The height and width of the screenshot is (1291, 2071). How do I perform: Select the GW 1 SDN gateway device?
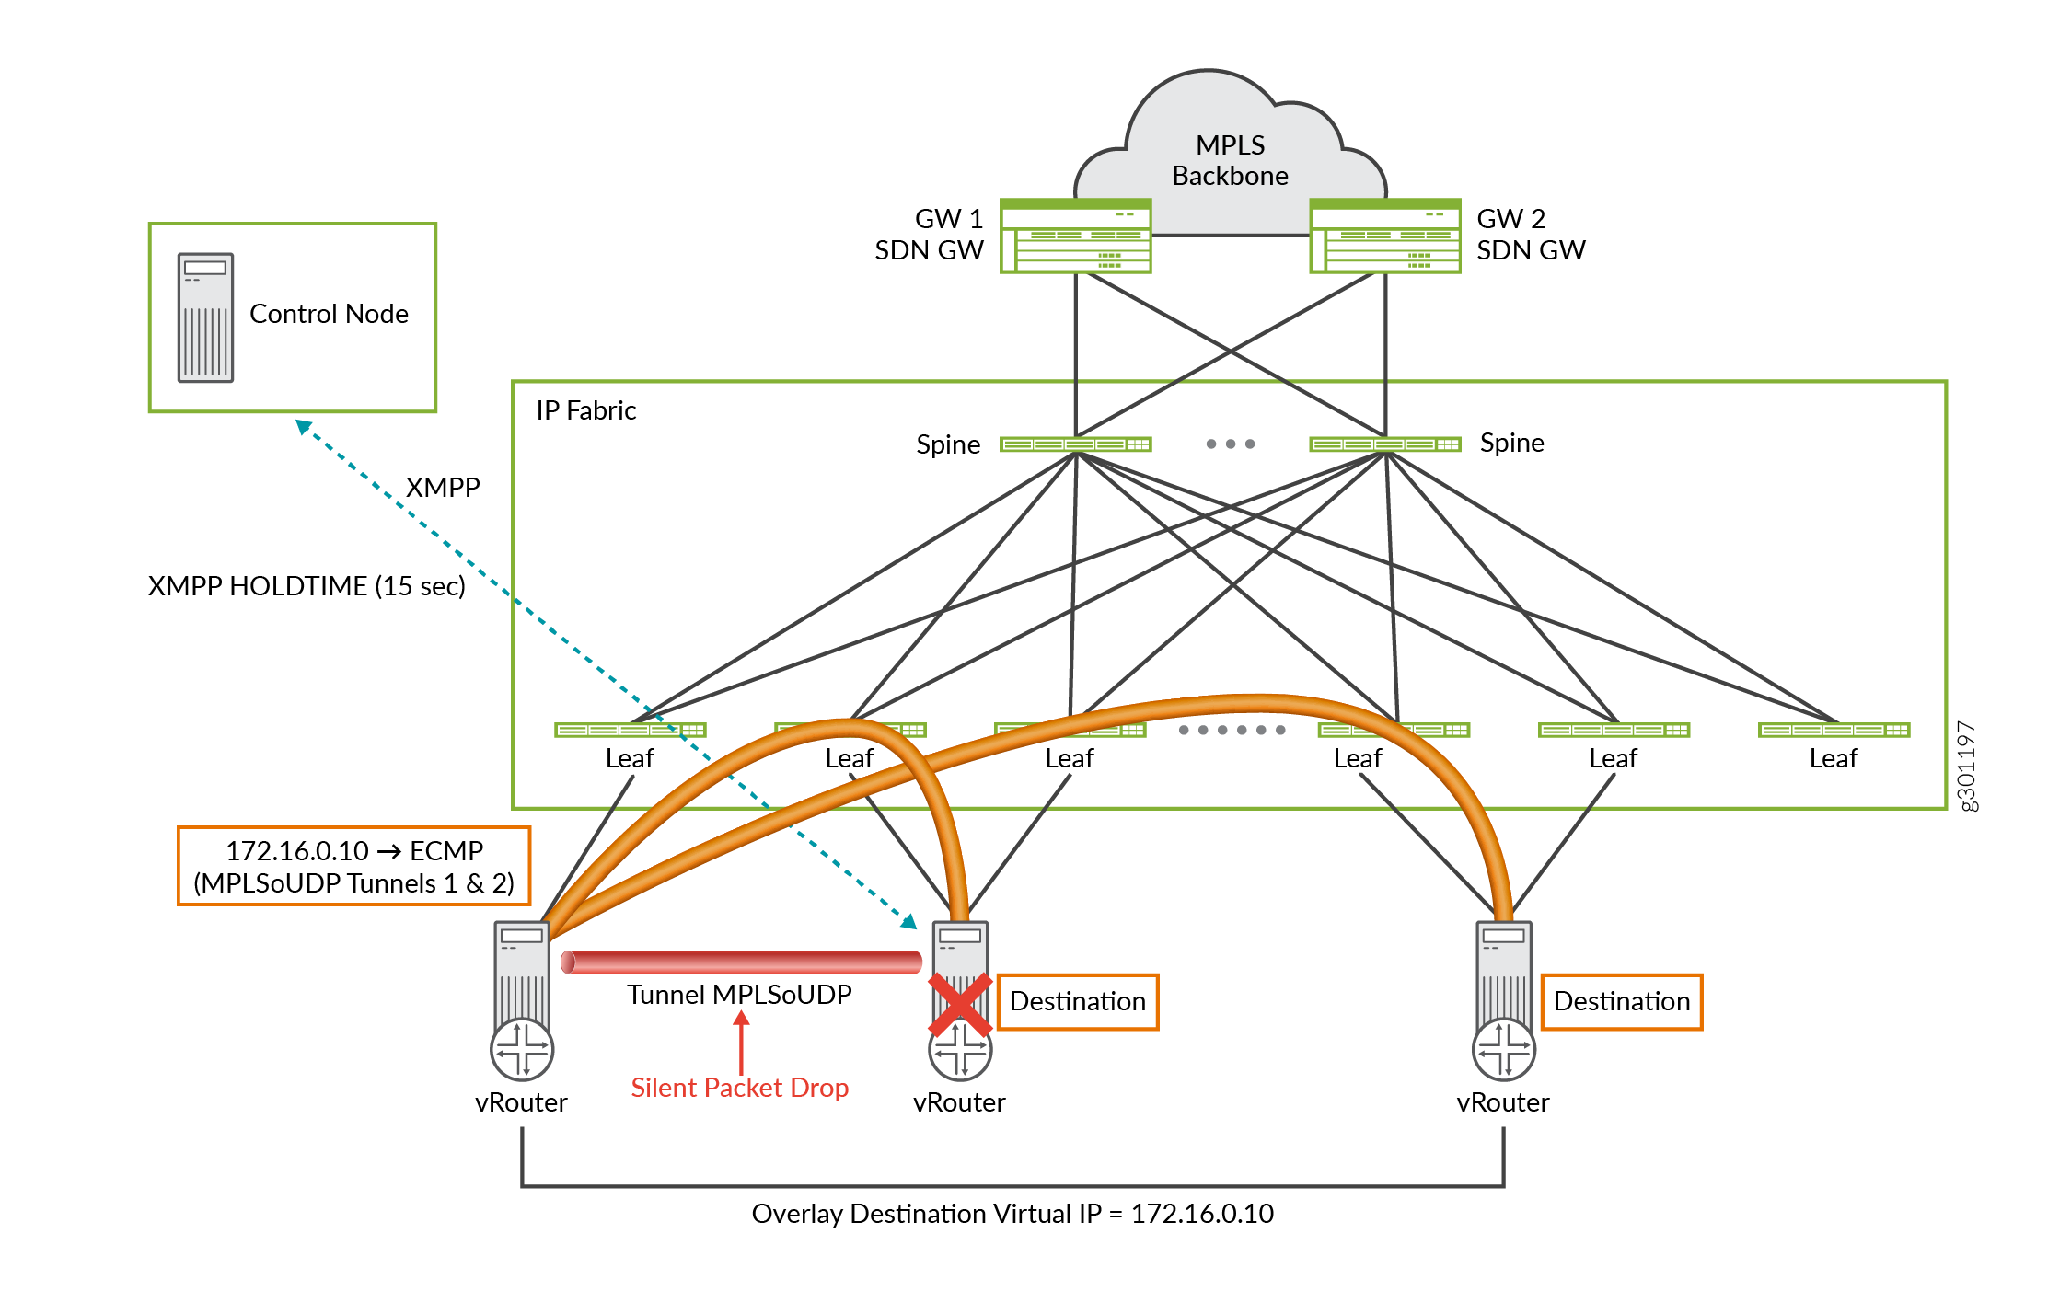[x=1075, y=236]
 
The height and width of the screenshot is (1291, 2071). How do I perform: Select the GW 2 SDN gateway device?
[x=1384, y=236]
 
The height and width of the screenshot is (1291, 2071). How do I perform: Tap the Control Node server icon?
[x=205, y=317]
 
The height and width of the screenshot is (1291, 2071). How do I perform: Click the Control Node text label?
[x=329, y=314]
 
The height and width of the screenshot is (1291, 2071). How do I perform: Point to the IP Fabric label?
[x=585, y=410]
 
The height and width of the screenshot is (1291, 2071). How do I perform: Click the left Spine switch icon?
[x=1075, y=444]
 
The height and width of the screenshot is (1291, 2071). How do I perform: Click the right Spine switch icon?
[x=1384, y=444]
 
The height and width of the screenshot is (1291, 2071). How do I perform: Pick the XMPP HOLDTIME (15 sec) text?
[x=307, y=586]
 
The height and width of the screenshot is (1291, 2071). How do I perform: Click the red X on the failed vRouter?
[x=959, y=1004]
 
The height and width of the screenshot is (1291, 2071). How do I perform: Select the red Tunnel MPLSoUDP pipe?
[x=741, y=962]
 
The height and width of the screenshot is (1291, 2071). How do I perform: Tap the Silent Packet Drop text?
[x=739, y=1088]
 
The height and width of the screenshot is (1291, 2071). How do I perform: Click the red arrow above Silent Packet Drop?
[x=741, y=1040]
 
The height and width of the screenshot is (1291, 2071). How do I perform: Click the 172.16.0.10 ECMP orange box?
[x=353, y=866]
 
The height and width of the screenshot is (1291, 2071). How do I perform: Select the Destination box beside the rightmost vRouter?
[x=1621, y=1001]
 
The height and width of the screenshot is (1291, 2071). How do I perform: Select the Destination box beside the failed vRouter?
[x=1077, y=1001]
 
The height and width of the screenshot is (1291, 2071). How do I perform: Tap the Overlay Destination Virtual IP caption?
[x=1012, y=1214]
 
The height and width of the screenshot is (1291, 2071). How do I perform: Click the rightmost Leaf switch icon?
[x=1833, y=730]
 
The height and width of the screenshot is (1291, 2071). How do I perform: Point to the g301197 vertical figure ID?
[x=1965, y=766]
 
